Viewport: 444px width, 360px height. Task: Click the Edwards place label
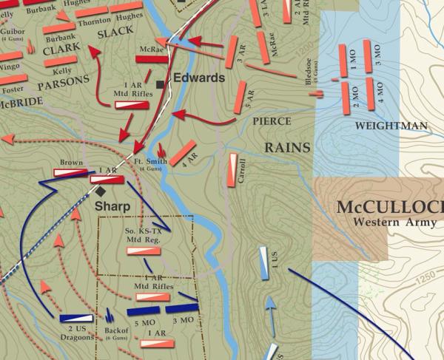[199, 78]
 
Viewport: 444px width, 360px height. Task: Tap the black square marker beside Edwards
[161, 84]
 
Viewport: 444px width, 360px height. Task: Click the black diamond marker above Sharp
[100, 191]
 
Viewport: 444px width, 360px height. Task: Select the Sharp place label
[112, 206]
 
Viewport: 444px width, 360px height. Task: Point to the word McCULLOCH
[389, 206]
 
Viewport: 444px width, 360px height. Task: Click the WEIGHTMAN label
[391, 126]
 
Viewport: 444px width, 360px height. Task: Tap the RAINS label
[287, 148]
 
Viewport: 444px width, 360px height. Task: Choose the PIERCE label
[272, 120]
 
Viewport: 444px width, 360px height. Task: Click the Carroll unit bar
[235, 169]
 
